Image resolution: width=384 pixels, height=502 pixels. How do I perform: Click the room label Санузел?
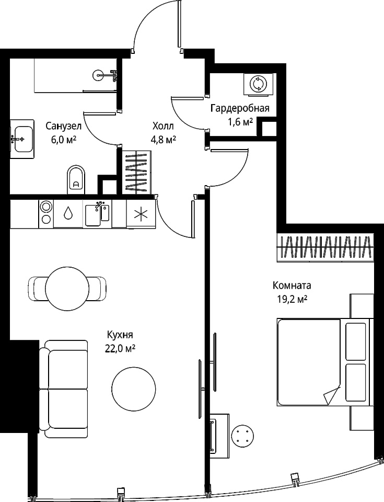click(x=63, y=126)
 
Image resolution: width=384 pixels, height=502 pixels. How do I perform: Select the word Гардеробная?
click(x=240, y=108)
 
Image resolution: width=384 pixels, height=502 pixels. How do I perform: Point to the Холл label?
click(x=163, y=126)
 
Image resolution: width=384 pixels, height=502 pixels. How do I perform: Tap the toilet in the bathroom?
click(x=76, y=179)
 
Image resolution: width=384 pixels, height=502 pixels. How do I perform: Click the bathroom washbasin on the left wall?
click(x=22, y=139)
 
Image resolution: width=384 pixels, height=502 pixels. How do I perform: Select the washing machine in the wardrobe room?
click(x=259, y=84)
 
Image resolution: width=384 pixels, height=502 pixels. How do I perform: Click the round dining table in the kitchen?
click(x=67, y=287)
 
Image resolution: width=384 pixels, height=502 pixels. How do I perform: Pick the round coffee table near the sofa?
click(x=134, y=389)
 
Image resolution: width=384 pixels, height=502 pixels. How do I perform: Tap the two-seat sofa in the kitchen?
click(x=63, y=389)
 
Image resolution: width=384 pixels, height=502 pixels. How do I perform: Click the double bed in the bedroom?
click(x=325, y=362)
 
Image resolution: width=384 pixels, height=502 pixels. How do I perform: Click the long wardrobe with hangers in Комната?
click(x=325, y=247)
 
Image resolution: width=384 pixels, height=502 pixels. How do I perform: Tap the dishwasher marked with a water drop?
click(x=68, y=214)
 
